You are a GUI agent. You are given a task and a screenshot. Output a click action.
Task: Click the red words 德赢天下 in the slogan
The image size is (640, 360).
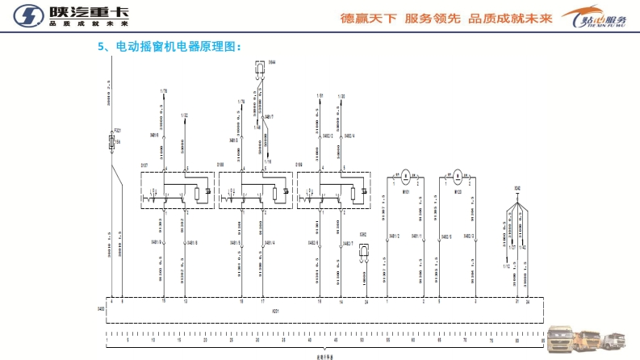368,18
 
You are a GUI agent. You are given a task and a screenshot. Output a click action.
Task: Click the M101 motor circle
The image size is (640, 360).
408,174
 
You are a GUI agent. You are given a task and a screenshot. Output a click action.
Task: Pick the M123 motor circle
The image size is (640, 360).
457,174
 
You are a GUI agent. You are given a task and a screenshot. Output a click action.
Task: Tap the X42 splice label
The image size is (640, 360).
517,188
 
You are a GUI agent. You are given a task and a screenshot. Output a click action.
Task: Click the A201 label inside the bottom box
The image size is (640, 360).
277,309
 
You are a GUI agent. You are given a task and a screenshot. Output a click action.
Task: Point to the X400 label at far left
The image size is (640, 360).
101,309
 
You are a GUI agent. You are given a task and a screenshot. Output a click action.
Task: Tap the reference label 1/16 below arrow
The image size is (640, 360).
269,162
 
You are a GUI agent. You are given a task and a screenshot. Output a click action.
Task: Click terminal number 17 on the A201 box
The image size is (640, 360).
263,301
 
